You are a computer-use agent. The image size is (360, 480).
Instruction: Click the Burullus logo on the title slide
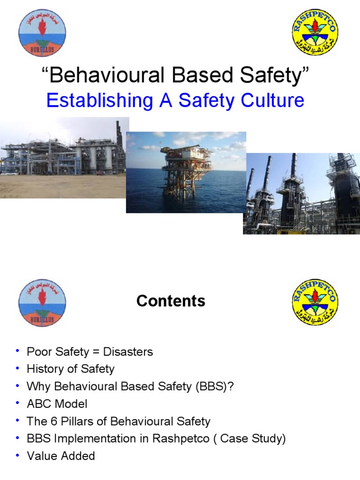[x=42, y=32]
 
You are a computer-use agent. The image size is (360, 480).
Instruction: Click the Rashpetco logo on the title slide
[x=315, y=32]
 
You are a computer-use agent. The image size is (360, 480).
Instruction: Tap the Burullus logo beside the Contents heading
[x=42, y=303]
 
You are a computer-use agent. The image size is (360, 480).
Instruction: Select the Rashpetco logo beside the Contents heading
[x=315, y=302]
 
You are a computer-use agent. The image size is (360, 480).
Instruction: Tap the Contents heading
[x=171, y=301]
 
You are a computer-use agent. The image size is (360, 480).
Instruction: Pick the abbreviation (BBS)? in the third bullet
[x=222, y=386]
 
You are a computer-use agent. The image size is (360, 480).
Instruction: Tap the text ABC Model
[x=57, y=404]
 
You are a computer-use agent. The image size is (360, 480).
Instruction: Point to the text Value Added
[x=61, y=456]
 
